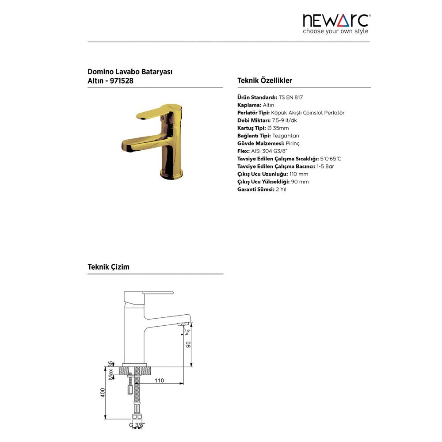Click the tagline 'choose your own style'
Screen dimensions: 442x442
(x=335, y=31)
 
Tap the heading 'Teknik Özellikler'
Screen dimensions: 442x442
(x=265, y=80)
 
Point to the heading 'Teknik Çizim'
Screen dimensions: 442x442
(x=108, y=267)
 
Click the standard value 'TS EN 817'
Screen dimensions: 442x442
(x=291, y=97)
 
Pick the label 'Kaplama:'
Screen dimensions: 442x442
(x=249, y=105)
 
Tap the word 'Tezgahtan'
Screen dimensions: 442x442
(x=286, y=136)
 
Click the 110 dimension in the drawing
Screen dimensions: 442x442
(x=159, y=381)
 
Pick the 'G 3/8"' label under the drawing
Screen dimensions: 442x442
(x=137, y=425)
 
